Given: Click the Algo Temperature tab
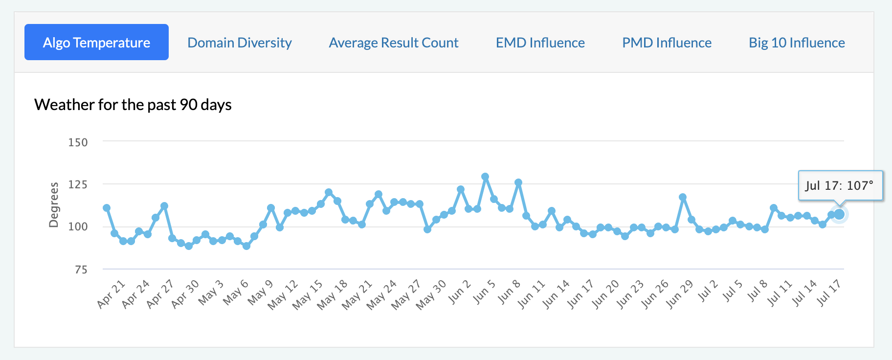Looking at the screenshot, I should [96, 43].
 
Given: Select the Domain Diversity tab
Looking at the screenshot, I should [240, 43].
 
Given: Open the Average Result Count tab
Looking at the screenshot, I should [394, 43].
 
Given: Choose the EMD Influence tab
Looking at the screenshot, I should [540, 43].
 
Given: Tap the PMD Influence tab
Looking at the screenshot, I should [667, 43].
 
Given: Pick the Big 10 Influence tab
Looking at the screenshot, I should [797, 43].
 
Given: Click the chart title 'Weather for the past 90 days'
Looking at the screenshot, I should [133, 105].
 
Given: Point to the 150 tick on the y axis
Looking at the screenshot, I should [78, 142].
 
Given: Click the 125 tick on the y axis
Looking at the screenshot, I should [78, 184].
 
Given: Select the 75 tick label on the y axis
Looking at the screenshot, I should [81, 270].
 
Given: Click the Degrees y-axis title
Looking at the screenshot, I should [53, 205].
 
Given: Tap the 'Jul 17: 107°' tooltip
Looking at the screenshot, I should [840, 185].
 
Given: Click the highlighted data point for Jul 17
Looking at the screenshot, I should [839, 214].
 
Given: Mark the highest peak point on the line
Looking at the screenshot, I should [485, 177].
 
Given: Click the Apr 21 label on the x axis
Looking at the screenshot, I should [111, 294].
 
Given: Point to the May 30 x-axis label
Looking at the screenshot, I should [431, 294].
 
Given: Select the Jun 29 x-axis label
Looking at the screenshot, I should [680, 294].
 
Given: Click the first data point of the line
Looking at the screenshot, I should [107, 208].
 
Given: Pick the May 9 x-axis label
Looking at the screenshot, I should [260, 292].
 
